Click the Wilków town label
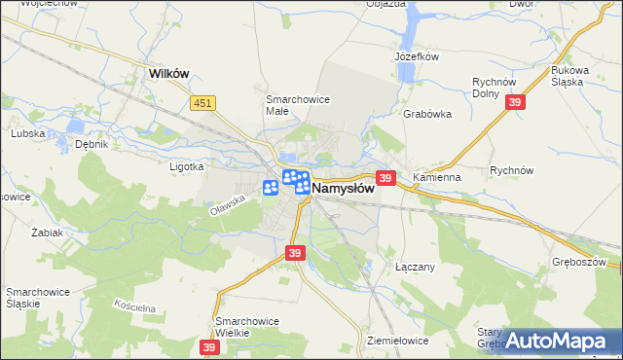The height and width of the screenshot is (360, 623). click(167, 72)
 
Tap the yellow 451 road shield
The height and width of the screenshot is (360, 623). click(202, 102)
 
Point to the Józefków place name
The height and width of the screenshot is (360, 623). click(417, 56)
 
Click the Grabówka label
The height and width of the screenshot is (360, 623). click(427, 113)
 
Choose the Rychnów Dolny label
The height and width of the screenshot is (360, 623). click(493, 88)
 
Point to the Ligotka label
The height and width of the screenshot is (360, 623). click(186, 166)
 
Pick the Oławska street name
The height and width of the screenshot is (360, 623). click(225, 203)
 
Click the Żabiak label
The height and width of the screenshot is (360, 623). click(47, 233)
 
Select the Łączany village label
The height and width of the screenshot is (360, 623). click(415, 266)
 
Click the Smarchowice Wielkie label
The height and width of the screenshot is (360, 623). click(247, 327)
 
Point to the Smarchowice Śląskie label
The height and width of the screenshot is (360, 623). click(36, 298)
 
